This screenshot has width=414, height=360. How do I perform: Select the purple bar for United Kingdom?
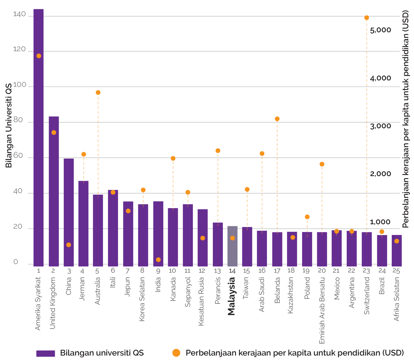pyautogui.click(x=54, y=192)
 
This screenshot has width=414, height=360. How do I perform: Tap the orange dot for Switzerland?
pyautogui.click(x=366, y=18)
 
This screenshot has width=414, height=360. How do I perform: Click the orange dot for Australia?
pyautogui.click(x=98, y=92)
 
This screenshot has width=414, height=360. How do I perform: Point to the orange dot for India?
pyautogui.click(x=158, y=260)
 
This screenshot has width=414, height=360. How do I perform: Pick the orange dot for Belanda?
pyautogui.click(x=277, y=119)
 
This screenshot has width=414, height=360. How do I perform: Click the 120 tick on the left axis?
pyautogui.click(x=19, y=49)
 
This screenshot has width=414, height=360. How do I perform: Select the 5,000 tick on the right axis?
pyautogui.click(x=380, y=30)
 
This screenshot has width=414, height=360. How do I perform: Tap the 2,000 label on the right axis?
pyautogui.click(x=380, y=174)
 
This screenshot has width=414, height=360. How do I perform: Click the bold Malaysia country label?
pyautogui.click(x=231, y=296)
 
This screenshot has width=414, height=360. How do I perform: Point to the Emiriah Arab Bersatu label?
pyautogui.click(x=322, y=310)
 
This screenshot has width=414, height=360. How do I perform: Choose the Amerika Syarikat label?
pyautogui.click(x=38, y=303)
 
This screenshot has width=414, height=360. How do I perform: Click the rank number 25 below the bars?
pyautogui.click(x=396, y=271)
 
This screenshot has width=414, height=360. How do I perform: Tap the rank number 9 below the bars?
pyautogui.click(x=158, y=271)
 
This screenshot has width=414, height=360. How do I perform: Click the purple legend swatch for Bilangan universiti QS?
pyautogui.click(x=46, y=353)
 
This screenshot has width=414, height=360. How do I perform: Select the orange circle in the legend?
pyautogui.click(x=176, y=353)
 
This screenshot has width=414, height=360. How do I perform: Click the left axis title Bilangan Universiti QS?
pyautogui.click(x=9, y=125)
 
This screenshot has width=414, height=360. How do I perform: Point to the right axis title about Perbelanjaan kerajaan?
pyautogui.click(x=406, y=119)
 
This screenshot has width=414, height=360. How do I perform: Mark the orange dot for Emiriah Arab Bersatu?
pyautogui.click(x=322, y=164)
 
